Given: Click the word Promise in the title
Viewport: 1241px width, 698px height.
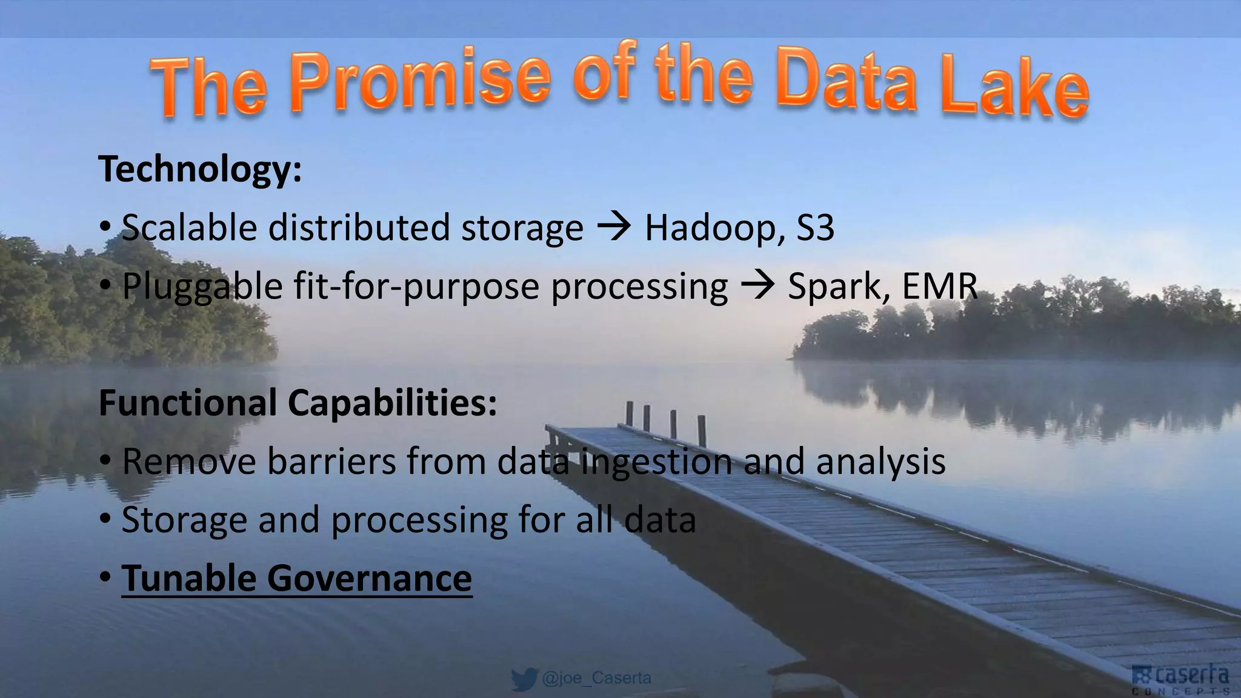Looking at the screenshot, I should click(x=421, y=82).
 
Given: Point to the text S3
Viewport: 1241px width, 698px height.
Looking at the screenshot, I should click(x=815, y=228).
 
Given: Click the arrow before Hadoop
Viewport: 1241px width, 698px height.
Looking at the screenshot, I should click(x=614, y=228).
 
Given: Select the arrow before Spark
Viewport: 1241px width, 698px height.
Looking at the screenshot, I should click(x=757, y=286).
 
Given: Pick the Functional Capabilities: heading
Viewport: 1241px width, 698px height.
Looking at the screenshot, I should click(x=298, y=403).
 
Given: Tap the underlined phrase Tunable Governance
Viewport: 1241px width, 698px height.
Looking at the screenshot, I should click(x=296, y=579).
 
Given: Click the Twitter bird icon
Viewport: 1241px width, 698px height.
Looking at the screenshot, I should click(x=524, y=679).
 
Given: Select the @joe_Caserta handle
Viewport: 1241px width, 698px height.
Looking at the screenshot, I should click(x=597, y=678).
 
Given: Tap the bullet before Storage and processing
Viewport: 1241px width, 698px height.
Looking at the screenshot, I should click(x=105, y=520).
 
